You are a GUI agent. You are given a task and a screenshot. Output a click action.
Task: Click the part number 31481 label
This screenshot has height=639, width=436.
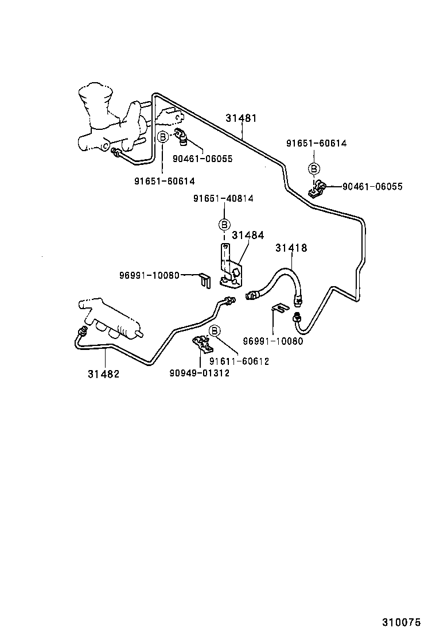pos(241,118)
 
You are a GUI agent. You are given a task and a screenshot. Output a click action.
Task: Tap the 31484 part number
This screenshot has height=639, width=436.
pos(248,235)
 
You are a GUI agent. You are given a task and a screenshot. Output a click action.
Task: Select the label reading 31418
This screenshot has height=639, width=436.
pos(291,248)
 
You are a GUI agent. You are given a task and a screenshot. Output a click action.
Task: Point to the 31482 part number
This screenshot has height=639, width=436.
pos(103,374)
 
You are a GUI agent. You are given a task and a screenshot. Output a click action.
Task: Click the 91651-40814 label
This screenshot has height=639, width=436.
pos(223,198)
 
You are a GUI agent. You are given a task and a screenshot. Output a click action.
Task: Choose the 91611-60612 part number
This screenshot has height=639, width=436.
pos(239,361)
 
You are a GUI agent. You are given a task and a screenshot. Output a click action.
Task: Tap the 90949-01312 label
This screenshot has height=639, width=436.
pos(199,373)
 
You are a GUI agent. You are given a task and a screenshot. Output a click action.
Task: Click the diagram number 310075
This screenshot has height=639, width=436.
pos(402,622)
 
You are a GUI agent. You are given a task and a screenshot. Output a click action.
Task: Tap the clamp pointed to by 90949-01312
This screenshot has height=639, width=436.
pos(203,345)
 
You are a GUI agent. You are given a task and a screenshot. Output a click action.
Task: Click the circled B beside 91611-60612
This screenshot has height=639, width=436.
pos(215,330)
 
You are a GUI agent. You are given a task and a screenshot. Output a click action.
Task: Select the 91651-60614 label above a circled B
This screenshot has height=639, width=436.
pos(316,144)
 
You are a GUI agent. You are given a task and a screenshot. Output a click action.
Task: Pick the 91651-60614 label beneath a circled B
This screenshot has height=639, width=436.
pos(165,181)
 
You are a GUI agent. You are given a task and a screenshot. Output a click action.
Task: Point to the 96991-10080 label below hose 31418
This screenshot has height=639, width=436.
pos(272,341)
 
